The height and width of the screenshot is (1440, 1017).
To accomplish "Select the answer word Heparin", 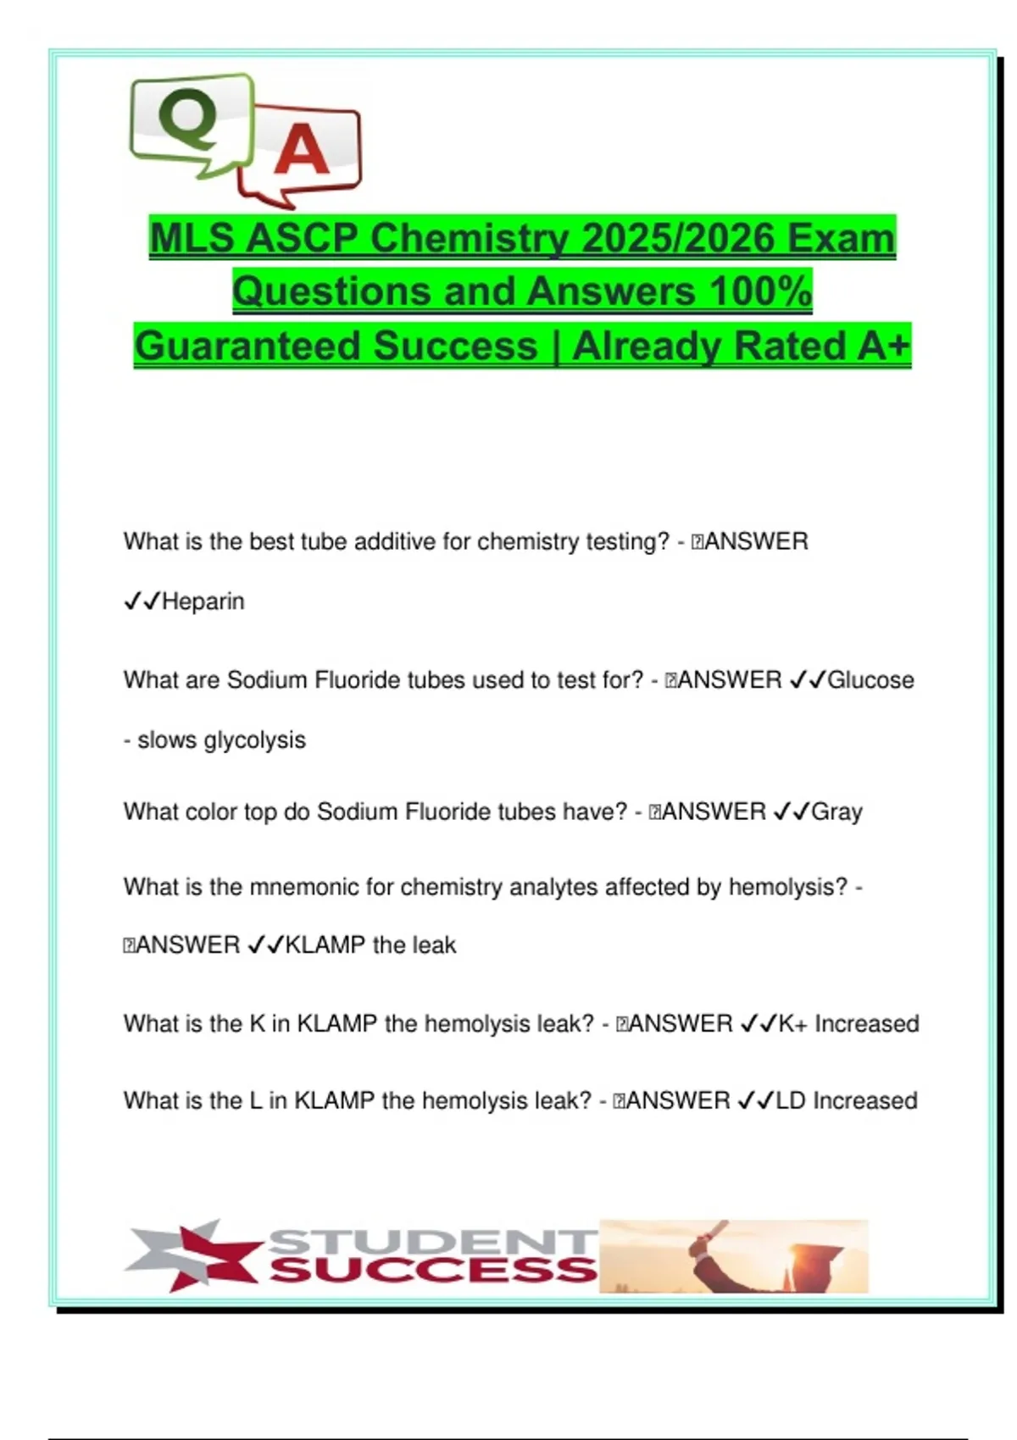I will pos(203,601).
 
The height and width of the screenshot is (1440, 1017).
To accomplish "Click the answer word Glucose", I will pos(870,680).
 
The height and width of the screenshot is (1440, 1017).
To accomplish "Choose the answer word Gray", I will pos(836,811).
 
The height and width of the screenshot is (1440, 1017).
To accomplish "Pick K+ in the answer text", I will pos(792,1023).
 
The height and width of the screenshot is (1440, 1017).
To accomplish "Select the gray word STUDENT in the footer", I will pos(432,1242).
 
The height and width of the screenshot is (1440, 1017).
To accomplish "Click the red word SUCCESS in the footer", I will pos(432,1270).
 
